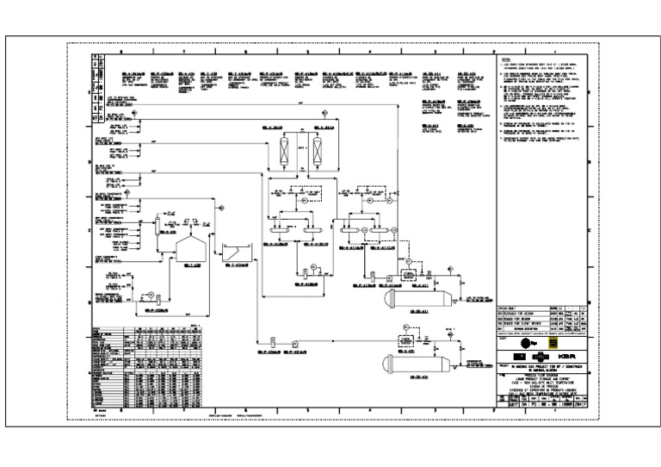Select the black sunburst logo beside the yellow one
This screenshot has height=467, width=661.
point(527,341)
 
